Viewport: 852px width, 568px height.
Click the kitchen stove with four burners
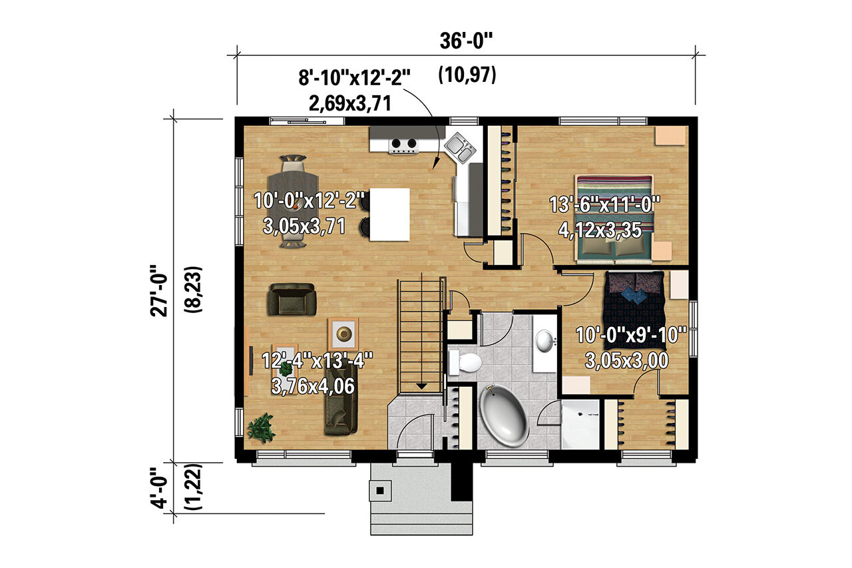click(x=404, y=144)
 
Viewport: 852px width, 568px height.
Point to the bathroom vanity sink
click(x=546, y=341)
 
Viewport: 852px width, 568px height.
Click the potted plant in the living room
click(x=261, y=427)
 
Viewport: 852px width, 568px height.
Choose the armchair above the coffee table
click(x=291, y=299)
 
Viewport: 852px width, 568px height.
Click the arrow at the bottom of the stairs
click(x=421, y=385)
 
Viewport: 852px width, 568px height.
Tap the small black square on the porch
click(x=380, y=491)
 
